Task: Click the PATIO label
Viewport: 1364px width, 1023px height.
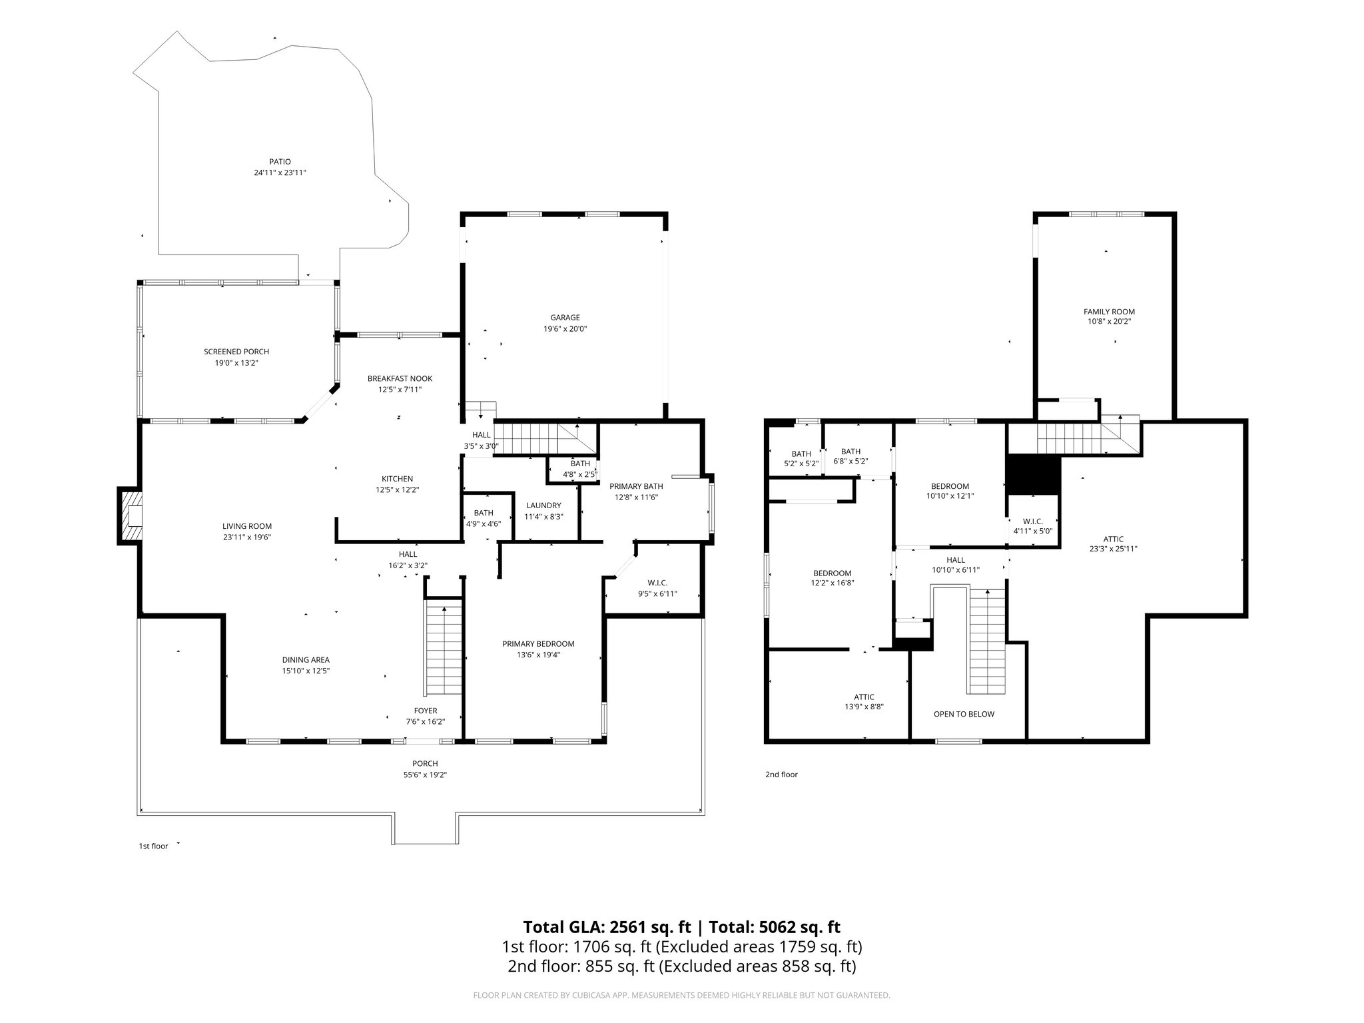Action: tap(280, 161)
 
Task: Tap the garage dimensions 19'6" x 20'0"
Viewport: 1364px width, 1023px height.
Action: tap(565, 329)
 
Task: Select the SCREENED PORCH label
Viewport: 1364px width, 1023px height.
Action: tap(236, 352)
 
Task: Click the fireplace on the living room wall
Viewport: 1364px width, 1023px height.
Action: tap(130, 516)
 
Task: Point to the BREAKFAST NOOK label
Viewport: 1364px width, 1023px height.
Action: tap(400, 378)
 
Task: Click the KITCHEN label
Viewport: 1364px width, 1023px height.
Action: tap(397, 479)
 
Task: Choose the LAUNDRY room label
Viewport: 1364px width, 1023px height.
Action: tap(543, 506)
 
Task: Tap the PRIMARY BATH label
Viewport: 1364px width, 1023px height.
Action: tap(636, 486)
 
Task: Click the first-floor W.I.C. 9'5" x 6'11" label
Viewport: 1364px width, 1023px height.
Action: tap(657, 594)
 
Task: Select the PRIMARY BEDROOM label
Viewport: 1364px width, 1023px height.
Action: tap(538, 643)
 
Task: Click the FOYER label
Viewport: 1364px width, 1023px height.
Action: tap(426, 711)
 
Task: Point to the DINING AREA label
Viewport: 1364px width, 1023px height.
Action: tap(306, 660)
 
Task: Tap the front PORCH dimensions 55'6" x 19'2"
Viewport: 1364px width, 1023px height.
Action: tap(425, 775)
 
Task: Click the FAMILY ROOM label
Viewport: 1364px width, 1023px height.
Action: tap(1109, 311)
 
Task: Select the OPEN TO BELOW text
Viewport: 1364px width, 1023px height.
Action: tap(964, 714)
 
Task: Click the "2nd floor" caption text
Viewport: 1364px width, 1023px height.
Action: tap(781, 775)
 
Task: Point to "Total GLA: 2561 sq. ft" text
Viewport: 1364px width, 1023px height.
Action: tap(607, 927)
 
